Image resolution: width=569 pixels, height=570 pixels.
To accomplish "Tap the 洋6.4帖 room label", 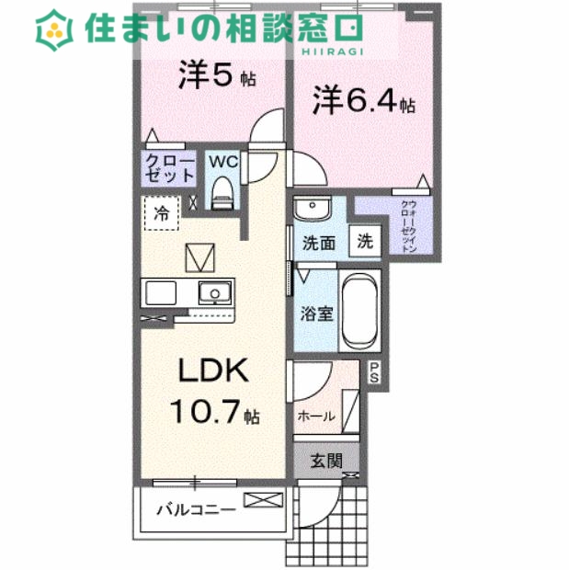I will (x=362, y=100).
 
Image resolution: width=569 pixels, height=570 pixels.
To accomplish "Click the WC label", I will (x=223, y=162).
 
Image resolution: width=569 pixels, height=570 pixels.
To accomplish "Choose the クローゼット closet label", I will (x=169, y=170).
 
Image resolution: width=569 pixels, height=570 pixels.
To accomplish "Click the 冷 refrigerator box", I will (x=161, y=214).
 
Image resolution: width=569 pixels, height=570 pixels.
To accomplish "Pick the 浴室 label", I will (x=316, y=312).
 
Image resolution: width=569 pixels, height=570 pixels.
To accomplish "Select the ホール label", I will (x=315, y=416).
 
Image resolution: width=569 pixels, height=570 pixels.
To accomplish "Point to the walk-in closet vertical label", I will (x=409, y=224).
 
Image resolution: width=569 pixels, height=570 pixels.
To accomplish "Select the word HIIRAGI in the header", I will (x=334, y=52).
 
